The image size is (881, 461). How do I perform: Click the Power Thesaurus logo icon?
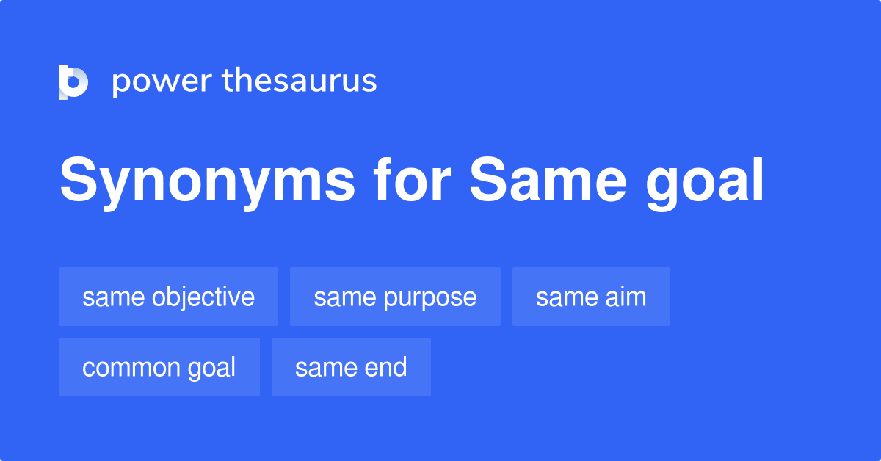pos(73,81)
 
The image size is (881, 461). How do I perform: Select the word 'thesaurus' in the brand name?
pos(300,81)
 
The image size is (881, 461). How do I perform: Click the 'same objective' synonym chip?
pos(168,297)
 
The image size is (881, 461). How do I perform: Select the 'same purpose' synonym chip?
pos(395,297)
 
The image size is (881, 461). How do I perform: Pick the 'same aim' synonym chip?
pos(591,297)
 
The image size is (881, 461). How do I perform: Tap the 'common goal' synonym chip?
pos(159,367)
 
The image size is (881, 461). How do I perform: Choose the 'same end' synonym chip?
pos(351,367)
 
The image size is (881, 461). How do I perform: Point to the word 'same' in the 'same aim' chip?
pos(557,297)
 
